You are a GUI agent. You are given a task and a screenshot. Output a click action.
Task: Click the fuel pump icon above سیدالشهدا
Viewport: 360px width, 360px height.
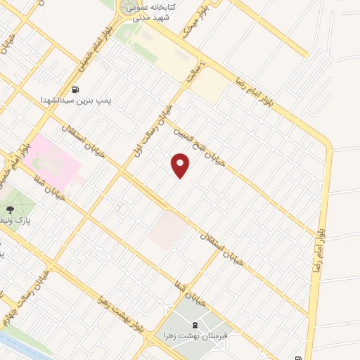(x=75, y=89)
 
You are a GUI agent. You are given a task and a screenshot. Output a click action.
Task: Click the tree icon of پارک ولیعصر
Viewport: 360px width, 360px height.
(x=9, y=209)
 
